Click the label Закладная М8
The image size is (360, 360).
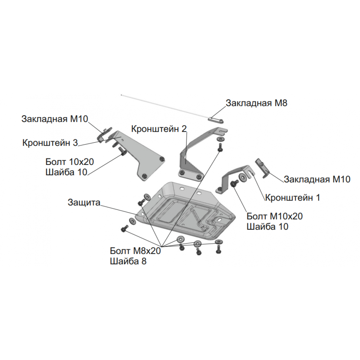pos(256,103)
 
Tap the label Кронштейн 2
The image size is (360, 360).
pos(159,129)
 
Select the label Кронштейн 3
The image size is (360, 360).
pos(50,143)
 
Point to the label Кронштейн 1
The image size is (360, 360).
pos(292,197)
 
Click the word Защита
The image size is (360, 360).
pos(84,203)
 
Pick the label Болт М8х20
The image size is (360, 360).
pos(135,251)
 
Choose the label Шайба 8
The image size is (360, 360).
pos(128,261)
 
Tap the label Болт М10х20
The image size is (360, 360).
pos(275,216)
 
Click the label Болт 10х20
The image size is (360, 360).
pos(70,162)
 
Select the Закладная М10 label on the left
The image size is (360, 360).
pos(55,119)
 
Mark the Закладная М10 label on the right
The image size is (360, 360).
pos(317,179)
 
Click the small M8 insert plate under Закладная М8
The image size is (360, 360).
pos(216,120)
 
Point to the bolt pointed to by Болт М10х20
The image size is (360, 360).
pos(234,183)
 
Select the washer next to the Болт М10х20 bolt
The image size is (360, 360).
pos(242,178)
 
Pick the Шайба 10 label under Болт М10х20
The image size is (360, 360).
pos(267,227)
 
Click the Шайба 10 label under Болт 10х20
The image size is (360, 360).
pos(67,172)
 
